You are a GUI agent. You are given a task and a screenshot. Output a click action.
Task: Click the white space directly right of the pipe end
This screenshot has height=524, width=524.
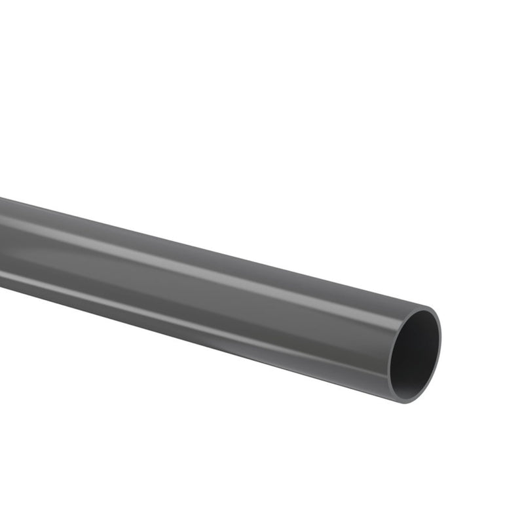point(478,354)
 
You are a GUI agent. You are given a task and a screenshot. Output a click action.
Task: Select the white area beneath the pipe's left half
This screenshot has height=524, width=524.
point(131,406)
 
